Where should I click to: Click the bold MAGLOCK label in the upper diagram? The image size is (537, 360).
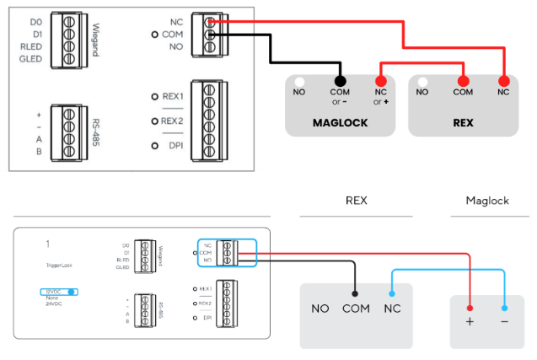(340, 122)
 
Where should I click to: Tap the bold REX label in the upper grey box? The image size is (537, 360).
(463, 122)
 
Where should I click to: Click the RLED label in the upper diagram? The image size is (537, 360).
(31, 48)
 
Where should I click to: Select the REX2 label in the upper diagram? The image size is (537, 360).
(173, 121)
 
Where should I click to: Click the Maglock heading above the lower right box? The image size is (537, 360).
(488, 201)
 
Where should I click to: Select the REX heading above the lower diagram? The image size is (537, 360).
(357, 201)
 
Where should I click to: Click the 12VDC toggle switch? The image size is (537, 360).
(58, 292)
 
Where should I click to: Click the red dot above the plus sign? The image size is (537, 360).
(470, 309)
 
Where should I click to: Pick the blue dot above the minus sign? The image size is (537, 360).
(504, 309)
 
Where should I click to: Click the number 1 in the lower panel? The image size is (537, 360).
(48, 244)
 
